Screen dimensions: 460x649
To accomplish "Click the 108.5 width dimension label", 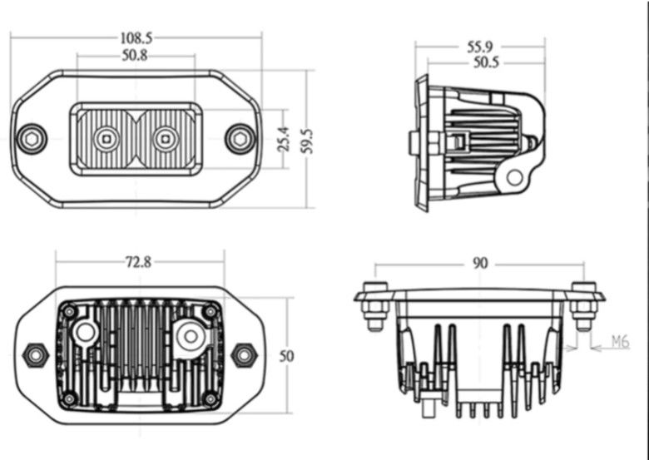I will (x=136, y=37).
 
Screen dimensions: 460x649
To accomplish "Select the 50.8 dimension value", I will (x=135, y=56).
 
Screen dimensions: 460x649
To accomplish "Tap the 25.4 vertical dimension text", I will (x=283, y=139).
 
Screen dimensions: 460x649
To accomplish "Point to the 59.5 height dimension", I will (x=307, y=139).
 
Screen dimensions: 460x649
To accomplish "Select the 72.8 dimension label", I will (x=138, y=262).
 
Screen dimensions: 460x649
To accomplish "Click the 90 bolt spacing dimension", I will (x=480, y=264).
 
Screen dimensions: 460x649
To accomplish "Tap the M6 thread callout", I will (x=620, y=342).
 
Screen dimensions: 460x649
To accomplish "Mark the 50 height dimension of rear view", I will (x=286, y=356).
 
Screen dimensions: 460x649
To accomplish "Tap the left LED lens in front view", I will (x=105, y=139).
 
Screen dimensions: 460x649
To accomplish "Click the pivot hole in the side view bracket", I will (x=516, y=176).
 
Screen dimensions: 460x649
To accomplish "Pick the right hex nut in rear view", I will (x=244, y=354).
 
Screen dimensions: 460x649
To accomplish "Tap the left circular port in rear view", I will (x=85, y=334).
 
